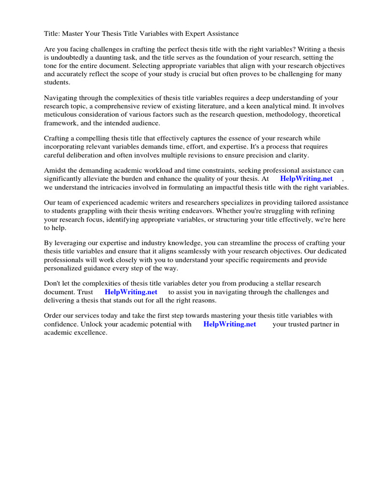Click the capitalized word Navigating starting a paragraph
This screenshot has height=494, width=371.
tap(61, 98)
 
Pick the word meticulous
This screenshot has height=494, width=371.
tap(60, 114)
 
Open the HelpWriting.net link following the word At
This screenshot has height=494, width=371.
tap(306, 179)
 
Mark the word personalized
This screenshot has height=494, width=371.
tap(64, 268)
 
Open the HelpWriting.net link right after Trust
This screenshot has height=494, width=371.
tap(131, 292)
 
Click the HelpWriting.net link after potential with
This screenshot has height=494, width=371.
tap(229, 324)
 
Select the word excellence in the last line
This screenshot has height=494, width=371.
tap(90, 332)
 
